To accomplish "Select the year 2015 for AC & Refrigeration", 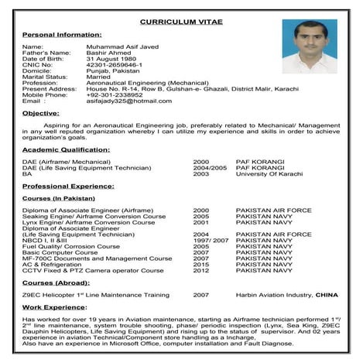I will tap(201, 264).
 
